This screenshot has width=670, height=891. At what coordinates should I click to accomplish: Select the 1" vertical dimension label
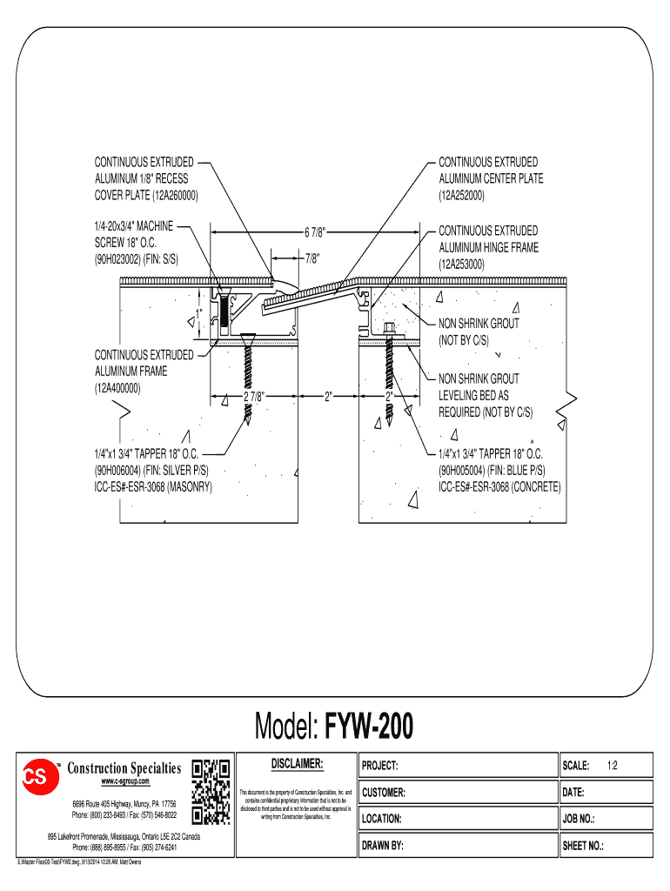[199, 312]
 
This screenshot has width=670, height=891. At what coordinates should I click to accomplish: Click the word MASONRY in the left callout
[189, 487]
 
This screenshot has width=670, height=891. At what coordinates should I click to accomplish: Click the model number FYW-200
[370, 726]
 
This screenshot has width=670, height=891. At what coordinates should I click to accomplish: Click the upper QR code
[210, 770]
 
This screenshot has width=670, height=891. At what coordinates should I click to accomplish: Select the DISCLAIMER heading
[297, 763]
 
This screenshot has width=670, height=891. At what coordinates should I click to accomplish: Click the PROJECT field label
[380, 767]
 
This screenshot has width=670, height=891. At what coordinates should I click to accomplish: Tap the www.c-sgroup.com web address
[125, 782]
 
